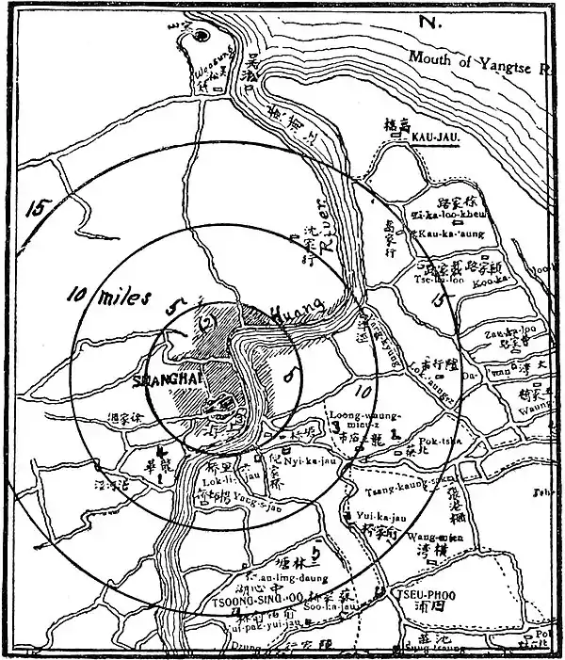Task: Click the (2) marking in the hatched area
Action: coord(209,322)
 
